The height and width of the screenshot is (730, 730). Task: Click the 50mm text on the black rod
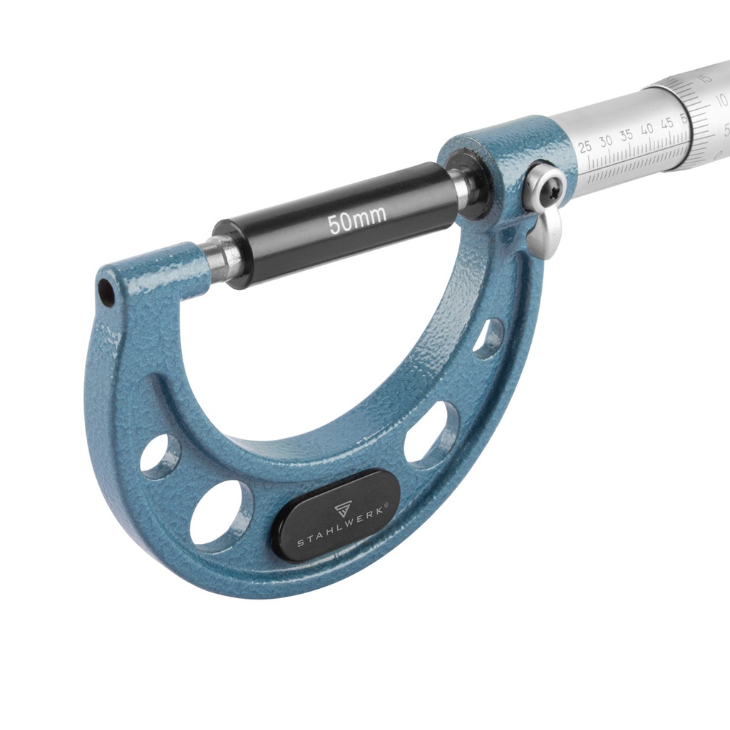[x=358, y=220]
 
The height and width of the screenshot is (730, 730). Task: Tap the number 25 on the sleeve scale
[x=585, y=146]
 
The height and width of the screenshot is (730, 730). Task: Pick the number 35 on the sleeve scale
[x=627, y=135]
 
